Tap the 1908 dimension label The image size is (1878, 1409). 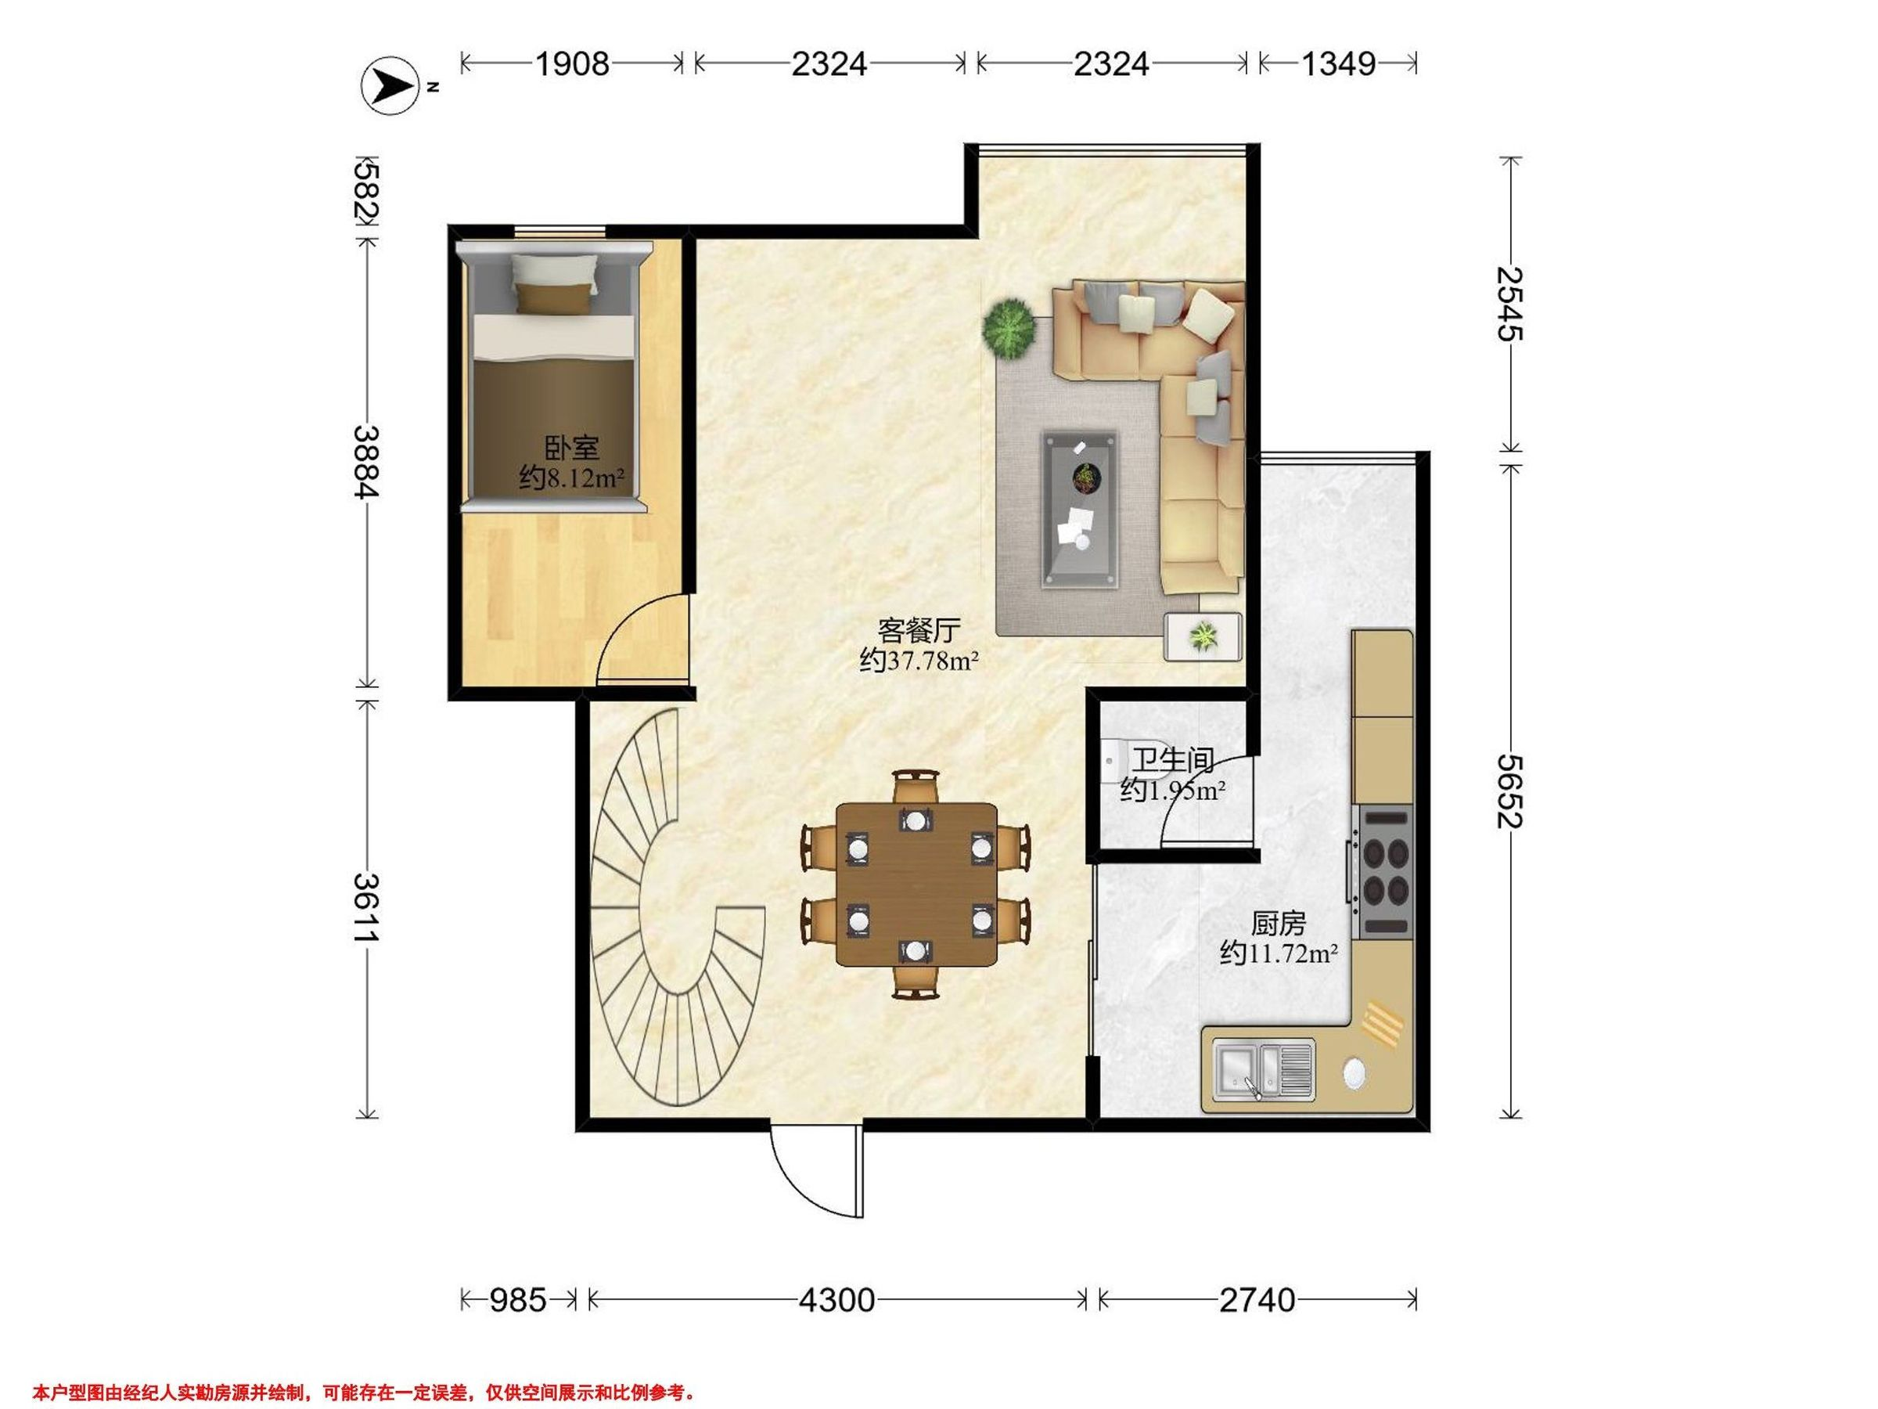pos(571,63)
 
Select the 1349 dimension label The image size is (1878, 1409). pos(1338,63)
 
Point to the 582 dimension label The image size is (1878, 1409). pos(368,193)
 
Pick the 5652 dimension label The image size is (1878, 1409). pos(1509,791)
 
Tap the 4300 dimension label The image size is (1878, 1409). pos(836,1300)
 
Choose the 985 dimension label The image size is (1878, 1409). pos(518,1300)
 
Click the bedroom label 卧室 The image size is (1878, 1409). pos(571,448)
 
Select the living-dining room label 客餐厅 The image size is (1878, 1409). pos(919,630)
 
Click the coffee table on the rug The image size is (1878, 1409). pos(1080,509)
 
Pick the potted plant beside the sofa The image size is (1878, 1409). pos(1009,327)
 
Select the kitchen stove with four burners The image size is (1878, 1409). pos(1384,871)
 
